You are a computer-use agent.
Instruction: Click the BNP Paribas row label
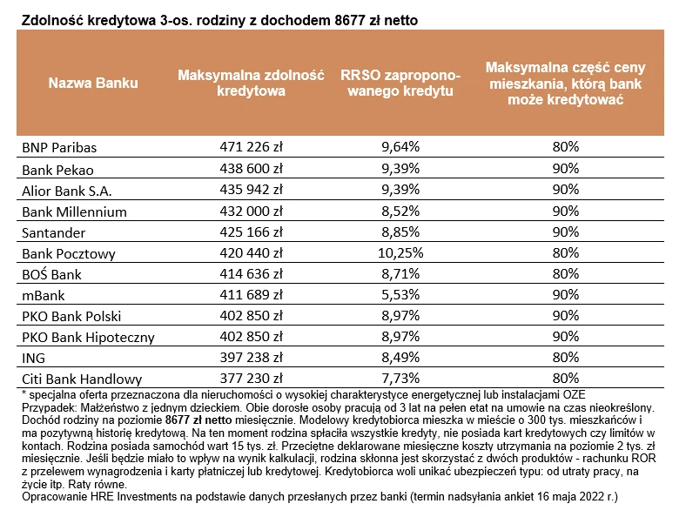59,147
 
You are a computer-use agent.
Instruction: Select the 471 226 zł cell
251,146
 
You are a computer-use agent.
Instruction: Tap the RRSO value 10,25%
400,252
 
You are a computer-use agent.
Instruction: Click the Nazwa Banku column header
93,83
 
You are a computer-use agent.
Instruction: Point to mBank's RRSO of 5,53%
400,294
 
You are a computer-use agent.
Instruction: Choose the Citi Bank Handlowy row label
82,379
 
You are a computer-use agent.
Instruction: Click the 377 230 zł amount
251,378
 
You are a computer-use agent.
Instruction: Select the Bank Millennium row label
74,211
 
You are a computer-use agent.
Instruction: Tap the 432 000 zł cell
251,211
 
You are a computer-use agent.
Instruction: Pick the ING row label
33,358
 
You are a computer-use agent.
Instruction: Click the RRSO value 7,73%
400,378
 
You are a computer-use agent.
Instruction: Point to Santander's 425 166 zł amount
251,232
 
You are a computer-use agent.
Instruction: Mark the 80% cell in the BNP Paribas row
565,146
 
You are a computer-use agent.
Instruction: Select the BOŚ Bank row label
51,274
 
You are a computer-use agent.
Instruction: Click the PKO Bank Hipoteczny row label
89,337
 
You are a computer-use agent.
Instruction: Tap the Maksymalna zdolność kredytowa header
251,83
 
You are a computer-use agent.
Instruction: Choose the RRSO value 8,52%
400,211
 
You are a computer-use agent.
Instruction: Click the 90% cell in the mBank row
565,294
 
